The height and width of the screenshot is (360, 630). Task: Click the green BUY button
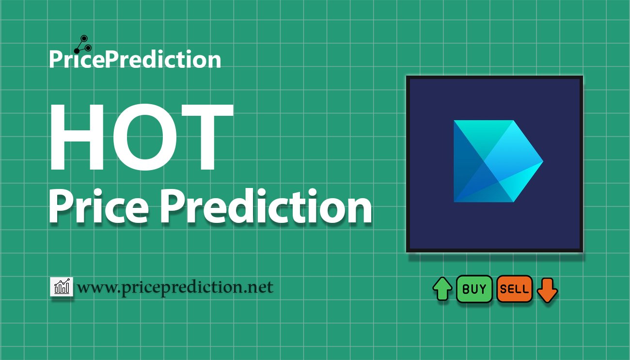tap(474, 289)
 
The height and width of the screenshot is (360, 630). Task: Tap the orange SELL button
tap(514, 289)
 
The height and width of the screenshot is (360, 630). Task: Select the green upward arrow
tap(442, 289)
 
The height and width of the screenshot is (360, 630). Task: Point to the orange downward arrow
tap(548, 290)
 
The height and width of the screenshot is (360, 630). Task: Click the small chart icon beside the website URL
tap(62, 287)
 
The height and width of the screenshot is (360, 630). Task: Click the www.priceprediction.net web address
tap(175, 287)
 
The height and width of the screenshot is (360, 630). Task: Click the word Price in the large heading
tap(97, 207)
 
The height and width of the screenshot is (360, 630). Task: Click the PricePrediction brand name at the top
tap(135, 60)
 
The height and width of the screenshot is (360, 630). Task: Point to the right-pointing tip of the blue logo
tap(541, 161)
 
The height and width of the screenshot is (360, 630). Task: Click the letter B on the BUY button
tap(466, 289)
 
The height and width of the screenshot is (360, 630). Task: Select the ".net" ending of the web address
tap(259, 288)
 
